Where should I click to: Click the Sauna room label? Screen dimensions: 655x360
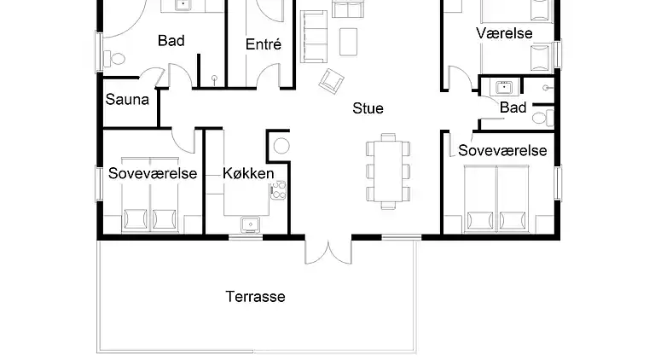tap(127, 100)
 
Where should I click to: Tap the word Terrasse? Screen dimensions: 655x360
tap(255, 297)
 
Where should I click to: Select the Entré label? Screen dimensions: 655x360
tap(264, 44)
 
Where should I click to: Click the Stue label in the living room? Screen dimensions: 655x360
tap(368, 108)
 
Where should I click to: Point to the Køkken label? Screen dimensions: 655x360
tap(248, 173)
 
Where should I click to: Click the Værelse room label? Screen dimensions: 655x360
tap(504, 33)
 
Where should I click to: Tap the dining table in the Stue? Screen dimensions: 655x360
tap(388, 171)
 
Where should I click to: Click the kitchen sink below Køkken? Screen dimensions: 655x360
tap(251, 225)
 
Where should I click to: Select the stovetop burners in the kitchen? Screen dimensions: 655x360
tap(278, 190)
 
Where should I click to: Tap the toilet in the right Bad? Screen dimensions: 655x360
tap(543, 118)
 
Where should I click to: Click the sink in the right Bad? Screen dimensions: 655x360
tap(504, 87)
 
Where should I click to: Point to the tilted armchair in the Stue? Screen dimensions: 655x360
tap(331, 81)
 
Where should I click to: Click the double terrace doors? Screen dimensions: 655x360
tap(328, 252)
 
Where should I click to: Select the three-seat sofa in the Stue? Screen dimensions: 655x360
tap(313, 37)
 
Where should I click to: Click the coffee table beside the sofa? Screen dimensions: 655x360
tap(348, 42)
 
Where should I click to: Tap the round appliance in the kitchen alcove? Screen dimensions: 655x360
tap(282, 146)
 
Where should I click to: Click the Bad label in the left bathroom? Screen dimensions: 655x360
tap(171, 40)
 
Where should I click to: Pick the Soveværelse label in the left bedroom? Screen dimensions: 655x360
tap(153, 173)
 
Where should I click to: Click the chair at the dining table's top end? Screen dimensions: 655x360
tap(388, 137)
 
